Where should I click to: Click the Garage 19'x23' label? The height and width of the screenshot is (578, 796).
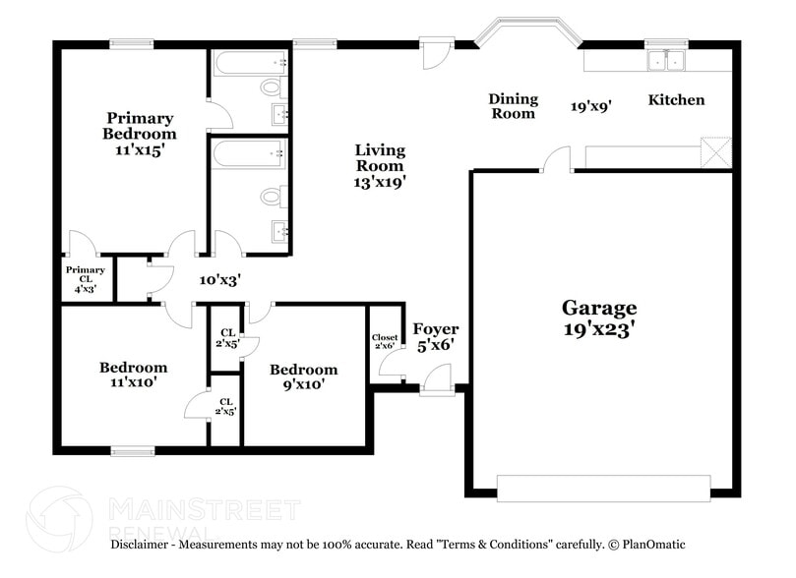[x=599, y=318]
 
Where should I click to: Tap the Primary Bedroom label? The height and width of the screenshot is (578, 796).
[x=141, y=135]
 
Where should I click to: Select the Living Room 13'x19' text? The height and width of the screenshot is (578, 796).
[x=380, y=165]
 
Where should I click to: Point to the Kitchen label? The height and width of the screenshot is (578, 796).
[x=675, y=99]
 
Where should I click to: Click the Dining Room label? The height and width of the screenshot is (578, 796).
[x=513, y=105]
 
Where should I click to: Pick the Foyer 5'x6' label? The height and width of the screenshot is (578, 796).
[x=435, y=336]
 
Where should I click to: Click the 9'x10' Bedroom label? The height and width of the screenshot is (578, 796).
[x=303, y=376]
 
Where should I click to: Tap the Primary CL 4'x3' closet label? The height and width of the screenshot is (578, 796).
[x=86, y=279]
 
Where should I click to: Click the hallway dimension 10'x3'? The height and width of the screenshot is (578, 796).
[x=220, y=279]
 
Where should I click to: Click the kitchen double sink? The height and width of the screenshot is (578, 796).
[x=665, y=61]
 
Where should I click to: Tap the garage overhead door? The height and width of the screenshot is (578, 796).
[x=602, y=487]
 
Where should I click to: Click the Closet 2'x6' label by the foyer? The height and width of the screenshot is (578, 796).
[x=385, y=341]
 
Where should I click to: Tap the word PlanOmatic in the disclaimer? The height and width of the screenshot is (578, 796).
[x=654, y=544]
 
